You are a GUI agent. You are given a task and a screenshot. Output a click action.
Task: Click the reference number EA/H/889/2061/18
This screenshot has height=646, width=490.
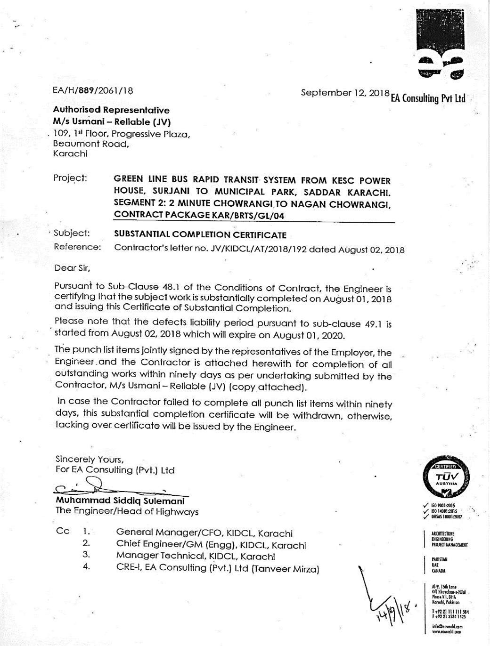[93, 91]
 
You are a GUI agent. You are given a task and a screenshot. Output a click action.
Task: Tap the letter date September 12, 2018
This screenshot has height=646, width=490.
[344, 93]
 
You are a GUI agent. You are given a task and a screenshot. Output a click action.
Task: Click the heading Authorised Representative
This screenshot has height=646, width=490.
[111, 110]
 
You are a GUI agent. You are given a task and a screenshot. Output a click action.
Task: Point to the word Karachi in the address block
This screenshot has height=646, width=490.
[70, 154]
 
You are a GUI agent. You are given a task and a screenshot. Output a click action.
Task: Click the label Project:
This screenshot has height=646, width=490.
[70, 178]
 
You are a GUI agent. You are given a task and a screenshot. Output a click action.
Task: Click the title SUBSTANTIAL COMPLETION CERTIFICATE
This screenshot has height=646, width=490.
[200, 234]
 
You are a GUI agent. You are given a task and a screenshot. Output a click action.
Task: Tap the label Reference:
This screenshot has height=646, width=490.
[77, 247]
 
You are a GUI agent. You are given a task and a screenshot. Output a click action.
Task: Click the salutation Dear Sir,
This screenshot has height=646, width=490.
[72, 268]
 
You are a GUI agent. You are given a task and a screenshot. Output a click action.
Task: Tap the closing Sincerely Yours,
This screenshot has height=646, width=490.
[90, 459]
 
